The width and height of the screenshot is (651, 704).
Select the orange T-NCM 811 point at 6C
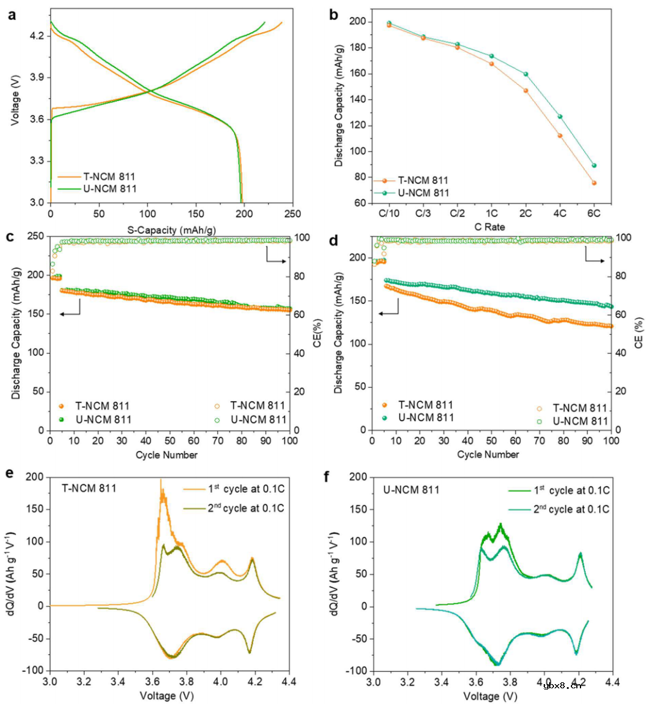click(594, 183)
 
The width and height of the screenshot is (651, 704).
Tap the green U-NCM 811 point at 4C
click(560, 116)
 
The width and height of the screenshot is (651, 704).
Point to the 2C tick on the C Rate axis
click(526, 214)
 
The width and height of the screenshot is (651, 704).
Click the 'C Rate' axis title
click(489, 227)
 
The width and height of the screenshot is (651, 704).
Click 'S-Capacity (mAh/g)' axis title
click(171, 230)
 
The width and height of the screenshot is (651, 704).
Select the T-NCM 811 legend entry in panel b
click(423, 180)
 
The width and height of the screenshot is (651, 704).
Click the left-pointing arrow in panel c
click(69, 314)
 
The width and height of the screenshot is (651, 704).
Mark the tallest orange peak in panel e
click(160, 481)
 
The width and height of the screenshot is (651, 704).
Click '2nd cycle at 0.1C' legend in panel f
click(571, 509)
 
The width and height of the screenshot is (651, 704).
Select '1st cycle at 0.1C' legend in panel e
click(246, 489)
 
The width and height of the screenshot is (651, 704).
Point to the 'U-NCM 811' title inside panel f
click(411, 489)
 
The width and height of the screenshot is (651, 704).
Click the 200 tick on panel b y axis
click(357, 22)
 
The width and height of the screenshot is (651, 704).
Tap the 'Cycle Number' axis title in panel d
click(488, 454)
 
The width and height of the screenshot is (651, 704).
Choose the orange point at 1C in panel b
click(491, 63)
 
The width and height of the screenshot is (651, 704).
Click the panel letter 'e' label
click(9, 474)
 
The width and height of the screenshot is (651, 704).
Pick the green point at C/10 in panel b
click(389, 24)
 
